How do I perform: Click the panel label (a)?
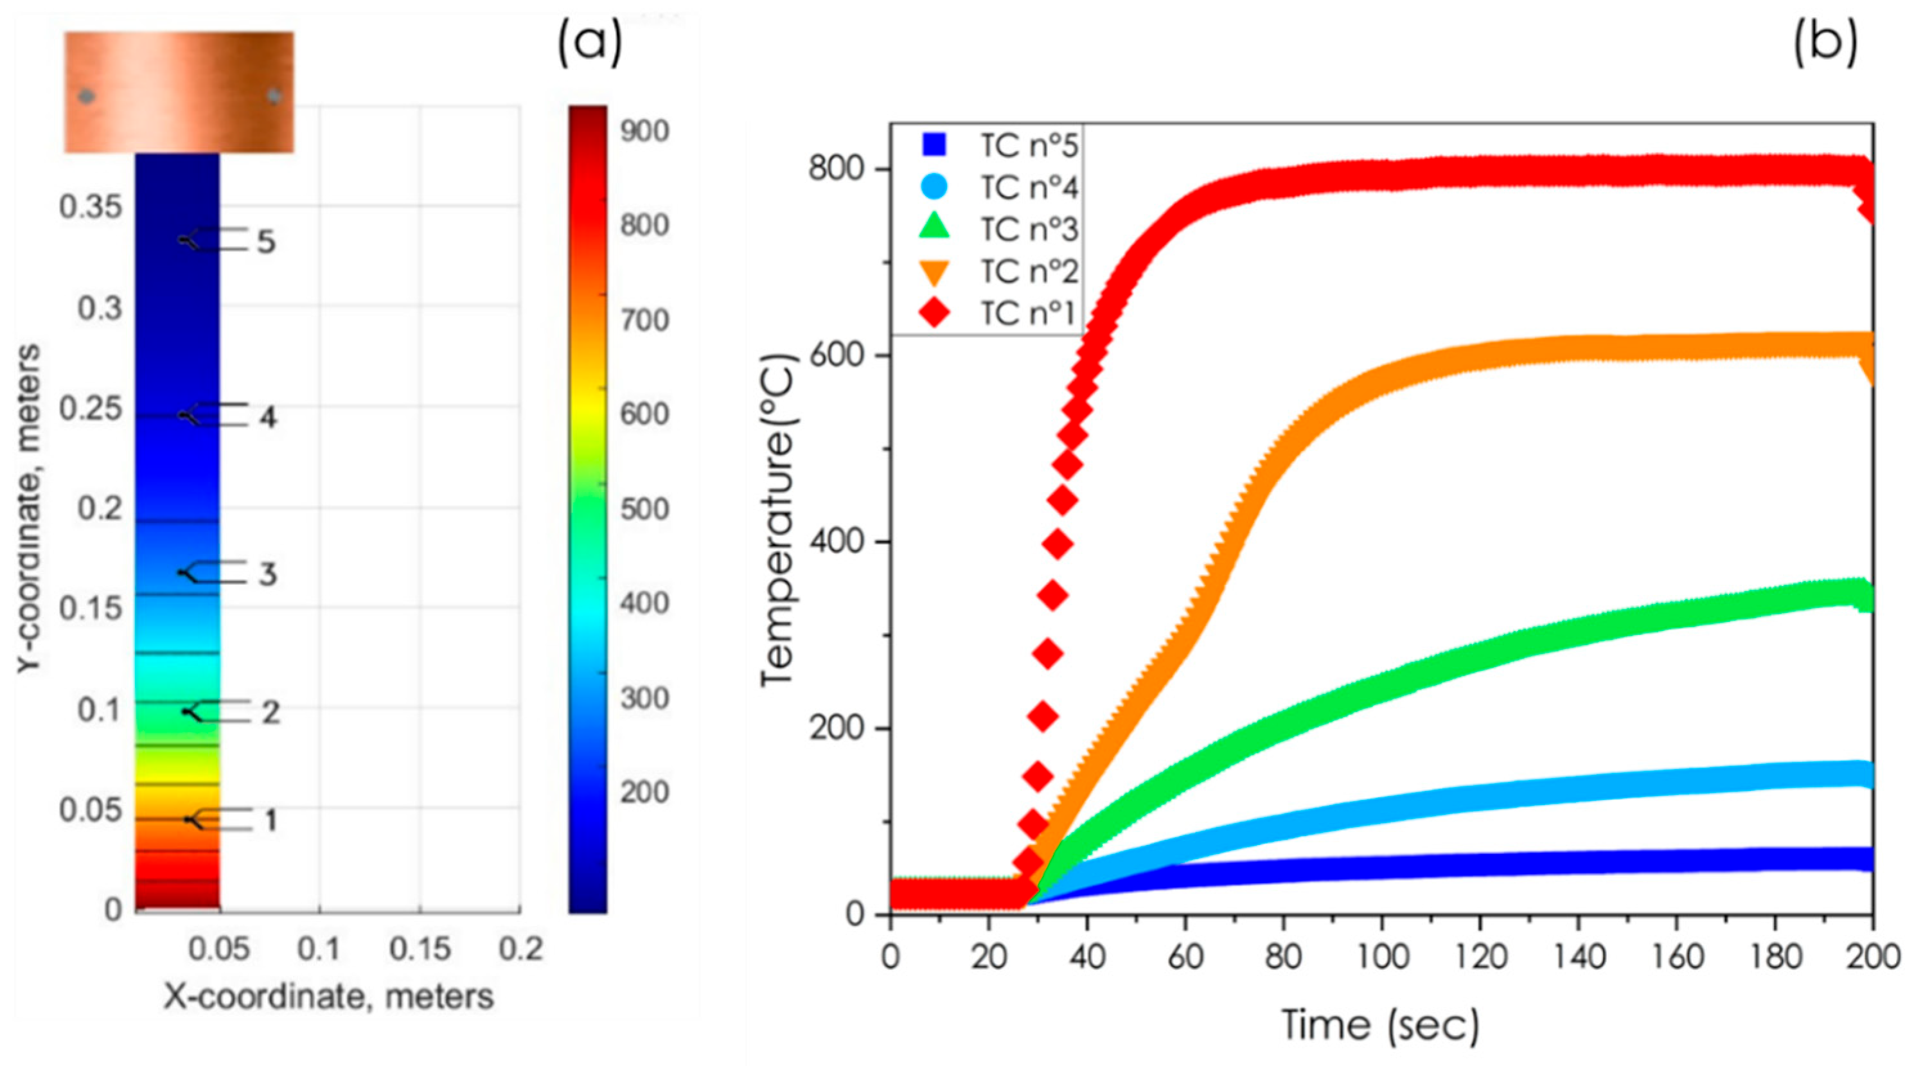tap(590, 44)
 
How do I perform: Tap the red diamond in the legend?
tap(935, 314)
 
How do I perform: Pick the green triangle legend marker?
tap(935, 229)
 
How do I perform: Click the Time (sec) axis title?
tap(1381, 1026)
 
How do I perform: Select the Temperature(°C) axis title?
tap(779, 520)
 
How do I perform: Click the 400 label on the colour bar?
tap(644, 603)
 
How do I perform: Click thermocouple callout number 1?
tap(270, 820)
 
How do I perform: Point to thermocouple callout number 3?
tap(267, 574)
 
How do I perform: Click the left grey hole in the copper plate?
tap(87, 96)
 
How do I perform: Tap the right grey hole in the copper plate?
tap(274, 96)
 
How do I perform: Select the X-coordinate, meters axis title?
tap(328, 996)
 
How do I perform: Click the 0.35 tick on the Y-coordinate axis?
tap(91, 208)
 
